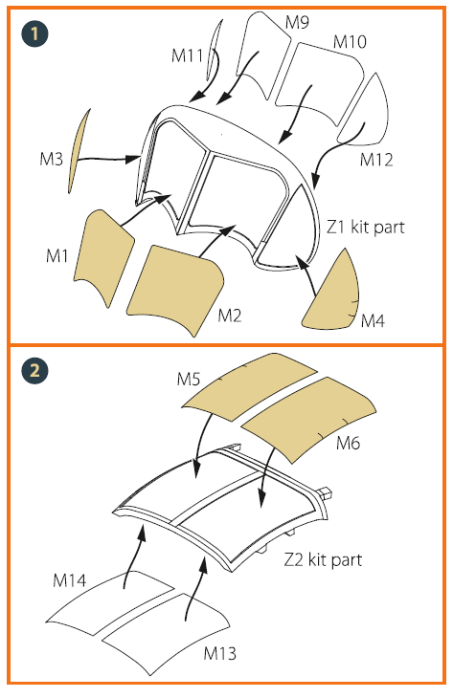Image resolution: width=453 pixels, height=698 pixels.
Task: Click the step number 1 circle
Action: click(34, 33)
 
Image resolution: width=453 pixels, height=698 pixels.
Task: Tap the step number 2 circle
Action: click(34, 370)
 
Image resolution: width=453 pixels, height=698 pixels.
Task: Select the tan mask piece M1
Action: click(103, 256)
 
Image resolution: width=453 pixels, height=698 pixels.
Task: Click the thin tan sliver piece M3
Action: click(79, 151)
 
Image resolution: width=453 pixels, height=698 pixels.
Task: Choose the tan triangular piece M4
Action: click(332, 296)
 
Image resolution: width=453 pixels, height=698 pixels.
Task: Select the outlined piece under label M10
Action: click(320, 82)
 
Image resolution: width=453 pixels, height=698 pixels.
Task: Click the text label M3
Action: click(52, 159)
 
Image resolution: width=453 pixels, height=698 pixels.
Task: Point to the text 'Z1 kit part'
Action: click(366, 227)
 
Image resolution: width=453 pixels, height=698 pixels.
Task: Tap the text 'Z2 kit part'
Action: click(324, 559)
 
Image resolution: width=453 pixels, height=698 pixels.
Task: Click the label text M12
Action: click(376, 160)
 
